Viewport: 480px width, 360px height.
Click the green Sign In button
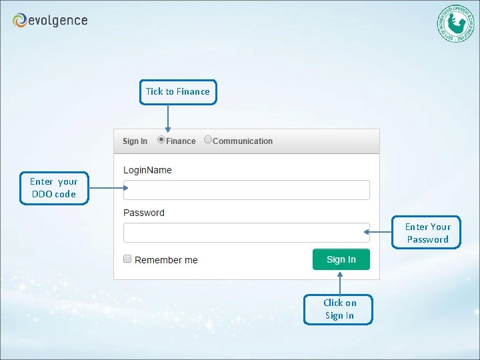(x=341, y=259)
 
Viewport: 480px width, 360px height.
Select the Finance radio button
(x=161, y=140)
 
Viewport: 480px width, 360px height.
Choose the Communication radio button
(x=208, y=140)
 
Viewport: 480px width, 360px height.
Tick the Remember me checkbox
(x=127, y=259)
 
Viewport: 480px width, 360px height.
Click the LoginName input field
(x=246, y=190)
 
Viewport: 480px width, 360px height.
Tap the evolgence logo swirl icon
(x=20, y=21)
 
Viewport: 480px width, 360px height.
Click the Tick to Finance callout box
(x=178, y=92)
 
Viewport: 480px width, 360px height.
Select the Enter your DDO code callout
(x=53, y=188)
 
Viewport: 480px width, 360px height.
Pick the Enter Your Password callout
(x=427, y=233)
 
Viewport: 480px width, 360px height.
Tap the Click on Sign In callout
(x=339, y=309)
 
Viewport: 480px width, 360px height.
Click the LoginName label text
(x=147, y=170)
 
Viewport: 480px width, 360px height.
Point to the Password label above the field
(x=143, y=213)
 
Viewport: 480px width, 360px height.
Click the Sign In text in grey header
(x=135, y=141)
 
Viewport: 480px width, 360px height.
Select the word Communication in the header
(x=243, y=141)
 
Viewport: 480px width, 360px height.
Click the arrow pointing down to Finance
(x=167, y=119)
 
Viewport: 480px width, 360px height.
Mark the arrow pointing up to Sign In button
(x=340, y=283)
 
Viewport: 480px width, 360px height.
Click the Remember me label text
(x=166, y=260)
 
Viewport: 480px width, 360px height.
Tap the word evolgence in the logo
(x=59, y=21)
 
